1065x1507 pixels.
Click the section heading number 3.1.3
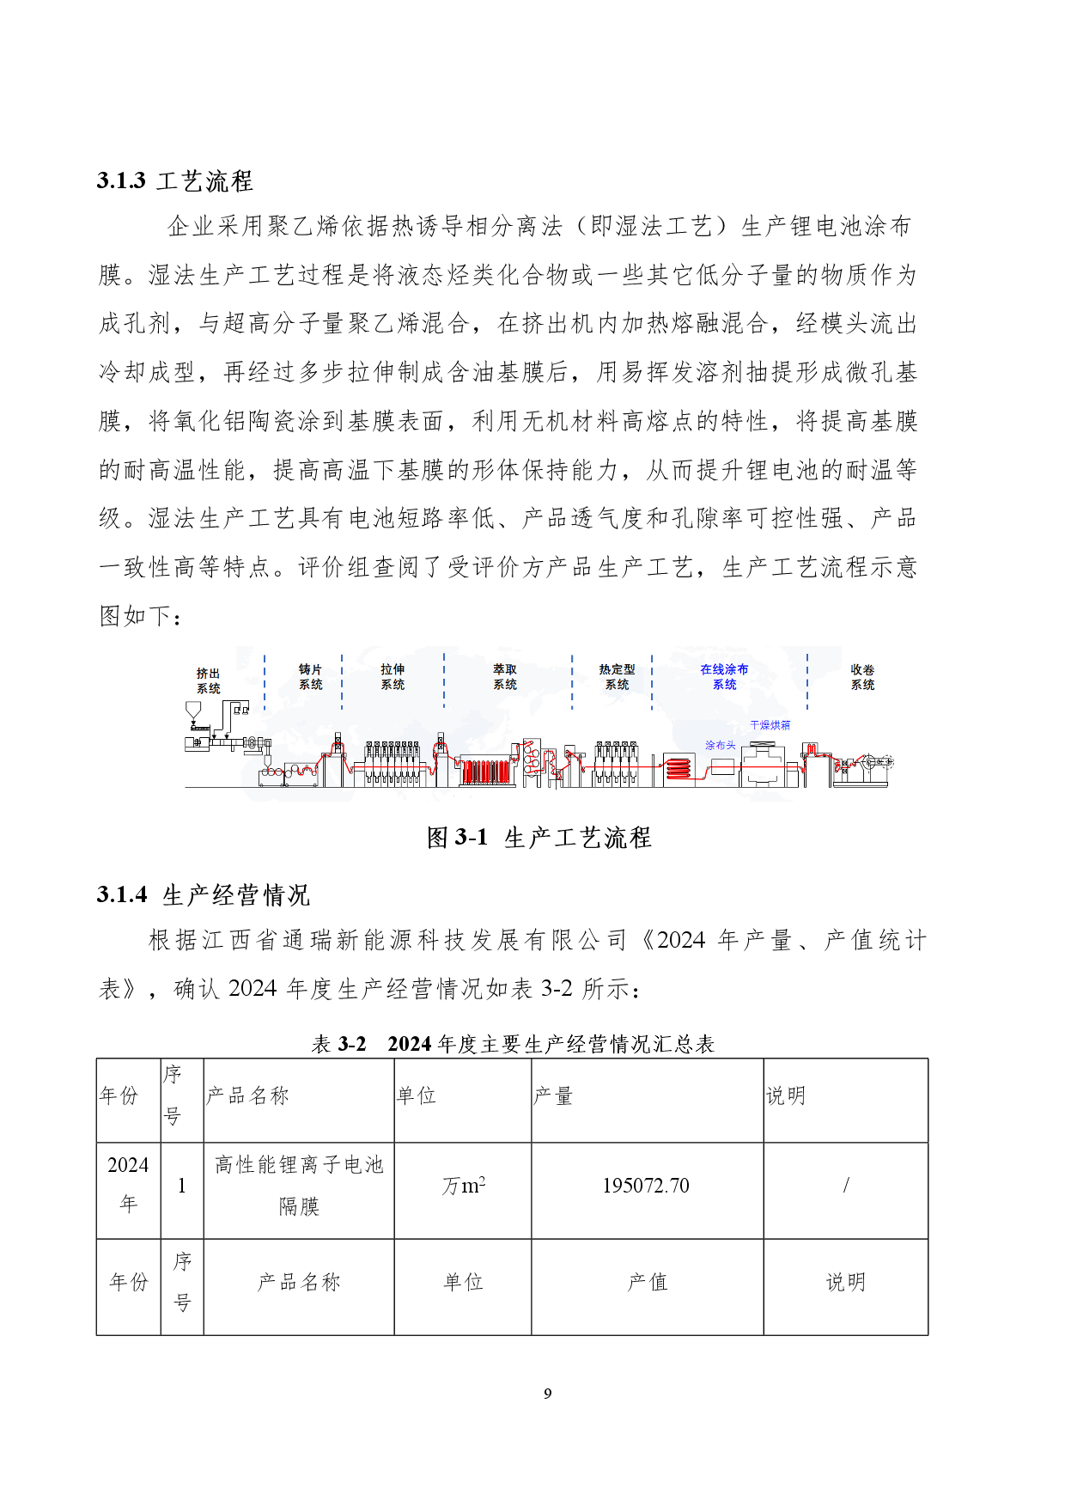pos(121,180)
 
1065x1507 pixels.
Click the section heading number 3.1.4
pos(121,894)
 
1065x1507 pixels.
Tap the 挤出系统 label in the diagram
pos(208,680)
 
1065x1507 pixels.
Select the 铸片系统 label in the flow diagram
pos(310,676)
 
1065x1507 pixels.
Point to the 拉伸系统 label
pos(393,676)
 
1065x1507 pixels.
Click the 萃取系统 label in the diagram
pos(505,676)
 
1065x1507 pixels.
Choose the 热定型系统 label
pos(617,676)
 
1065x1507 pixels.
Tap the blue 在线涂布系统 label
pos(724,676)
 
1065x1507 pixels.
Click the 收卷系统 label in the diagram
pos(862,676)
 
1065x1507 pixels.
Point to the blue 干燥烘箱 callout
pos(770,725)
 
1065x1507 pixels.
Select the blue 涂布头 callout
pos(720,745)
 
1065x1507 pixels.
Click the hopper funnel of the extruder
pos(193,711)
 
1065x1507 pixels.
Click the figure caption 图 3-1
pos(457,837)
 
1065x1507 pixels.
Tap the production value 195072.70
pos(646,1186)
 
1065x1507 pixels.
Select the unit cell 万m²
pos(463,1186)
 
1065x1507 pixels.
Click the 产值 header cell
pos(647,1282)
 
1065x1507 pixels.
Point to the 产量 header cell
pos(553,1095)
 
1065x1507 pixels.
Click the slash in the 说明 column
pos(846,1186)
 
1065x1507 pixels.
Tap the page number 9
pos(548,1394)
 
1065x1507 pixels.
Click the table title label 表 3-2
pos(339,1044)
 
